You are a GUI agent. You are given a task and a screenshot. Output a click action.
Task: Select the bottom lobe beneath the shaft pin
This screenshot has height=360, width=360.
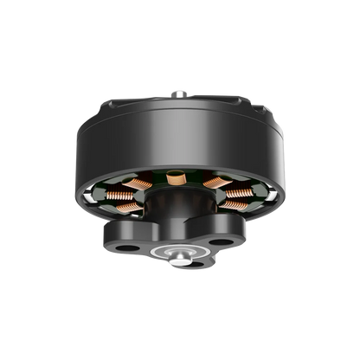click(x=181, y=263)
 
